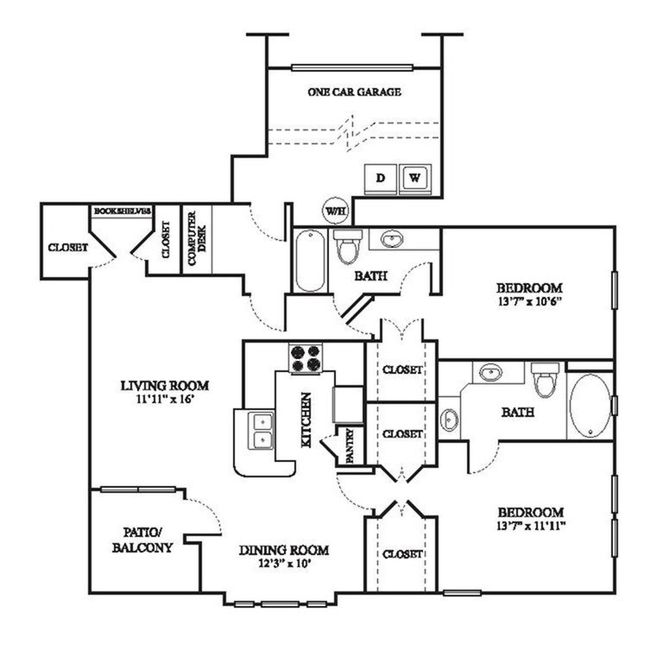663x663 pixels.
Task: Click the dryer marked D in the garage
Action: click(x=381, y=180)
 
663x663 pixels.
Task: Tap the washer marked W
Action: click(x=415, y=179)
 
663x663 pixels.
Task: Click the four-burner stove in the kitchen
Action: click(x=306, y=358)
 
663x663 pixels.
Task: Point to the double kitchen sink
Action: click(x=262, y=431)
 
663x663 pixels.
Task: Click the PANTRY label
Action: click(x=350, y=446)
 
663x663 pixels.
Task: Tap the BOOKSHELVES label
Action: click(x=123, y=211)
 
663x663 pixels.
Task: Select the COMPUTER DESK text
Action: click(x=197, y=238)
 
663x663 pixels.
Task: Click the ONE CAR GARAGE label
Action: click(x=354, y=92)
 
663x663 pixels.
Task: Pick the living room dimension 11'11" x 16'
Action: click(x=166, y=399)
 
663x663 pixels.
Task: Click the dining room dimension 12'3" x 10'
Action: click(x=285, y=563)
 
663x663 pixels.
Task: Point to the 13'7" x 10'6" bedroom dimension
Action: click(x=529, y=301)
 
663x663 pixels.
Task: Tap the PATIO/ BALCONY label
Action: click(x=142, y=540)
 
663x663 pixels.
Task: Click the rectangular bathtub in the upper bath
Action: click(x=311, y=261)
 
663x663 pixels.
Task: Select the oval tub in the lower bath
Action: click(x=590, y=406)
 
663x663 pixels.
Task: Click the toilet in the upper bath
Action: click(x=348, y=246)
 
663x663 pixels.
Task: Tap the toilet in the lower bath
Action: click(x=545, y=379)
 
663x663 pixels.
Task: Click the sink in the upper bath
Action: click(x=392, y=239)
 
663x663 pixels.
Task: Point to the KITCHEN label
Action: click(x=306, y=420)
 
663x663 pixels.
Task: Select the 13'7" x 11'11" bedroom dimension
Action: click(x=532, y=526)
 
